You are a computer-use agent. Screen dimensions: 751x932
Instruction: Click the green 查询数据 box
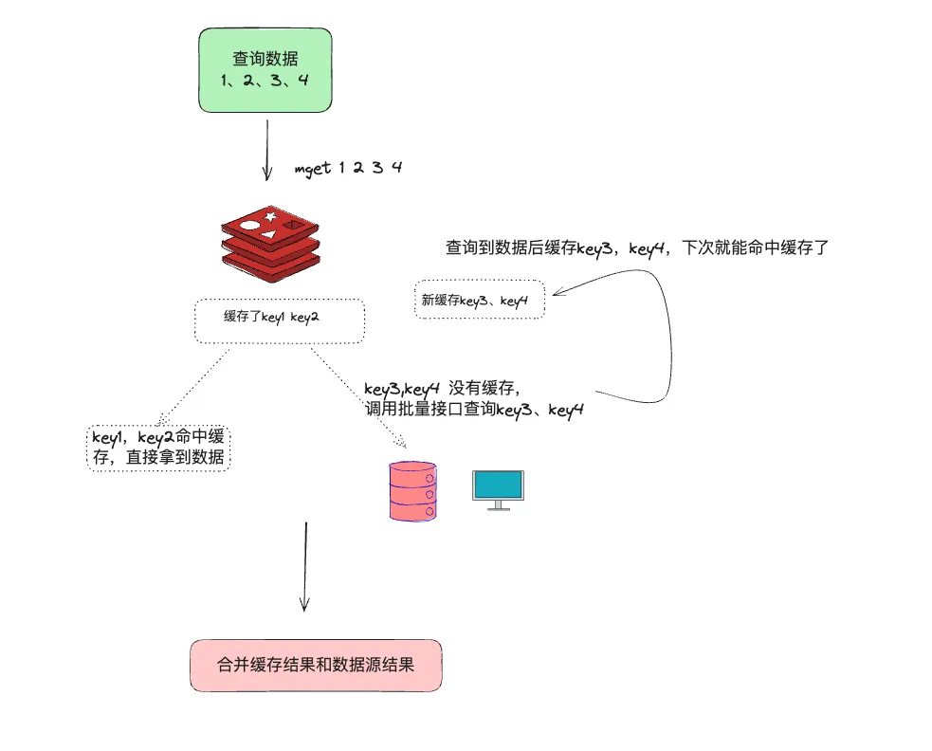point(265,69)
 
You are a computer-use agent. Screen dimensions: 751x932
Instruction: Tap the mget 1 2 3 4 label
point(349,168)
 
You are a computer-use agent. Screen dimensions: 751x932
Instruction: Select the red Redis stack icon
point(270,242)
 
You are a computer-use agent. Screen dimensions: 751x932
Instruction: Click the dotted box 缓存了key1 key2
point(279,321)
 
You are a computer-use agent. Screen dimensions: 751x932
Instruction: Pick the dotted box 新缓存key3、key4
point(480,300)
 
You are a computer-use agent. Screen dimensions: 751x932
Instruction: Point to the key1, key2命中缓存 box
point(158,448)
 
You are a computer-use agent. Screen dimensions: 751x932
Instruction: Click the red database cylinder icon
point(412,489)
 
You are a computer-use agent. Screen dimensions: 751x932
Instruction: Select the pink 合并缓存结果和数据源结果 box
point(316,665)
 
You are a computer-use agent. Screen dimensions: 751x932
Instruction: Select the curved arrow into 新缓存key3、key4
point(654,322)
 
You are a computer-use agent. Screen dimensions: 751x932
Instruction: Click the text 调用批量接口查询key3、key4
point(473,410)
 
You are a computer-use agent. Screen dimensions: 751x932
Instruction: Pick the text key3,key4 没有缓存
point(442,388)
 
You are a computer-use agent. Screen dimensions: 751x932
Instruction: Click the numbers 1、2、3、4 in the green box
point(265,81)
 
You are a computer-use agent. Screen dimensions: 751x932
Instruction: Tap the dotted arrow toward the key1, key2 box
point(194,384)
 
